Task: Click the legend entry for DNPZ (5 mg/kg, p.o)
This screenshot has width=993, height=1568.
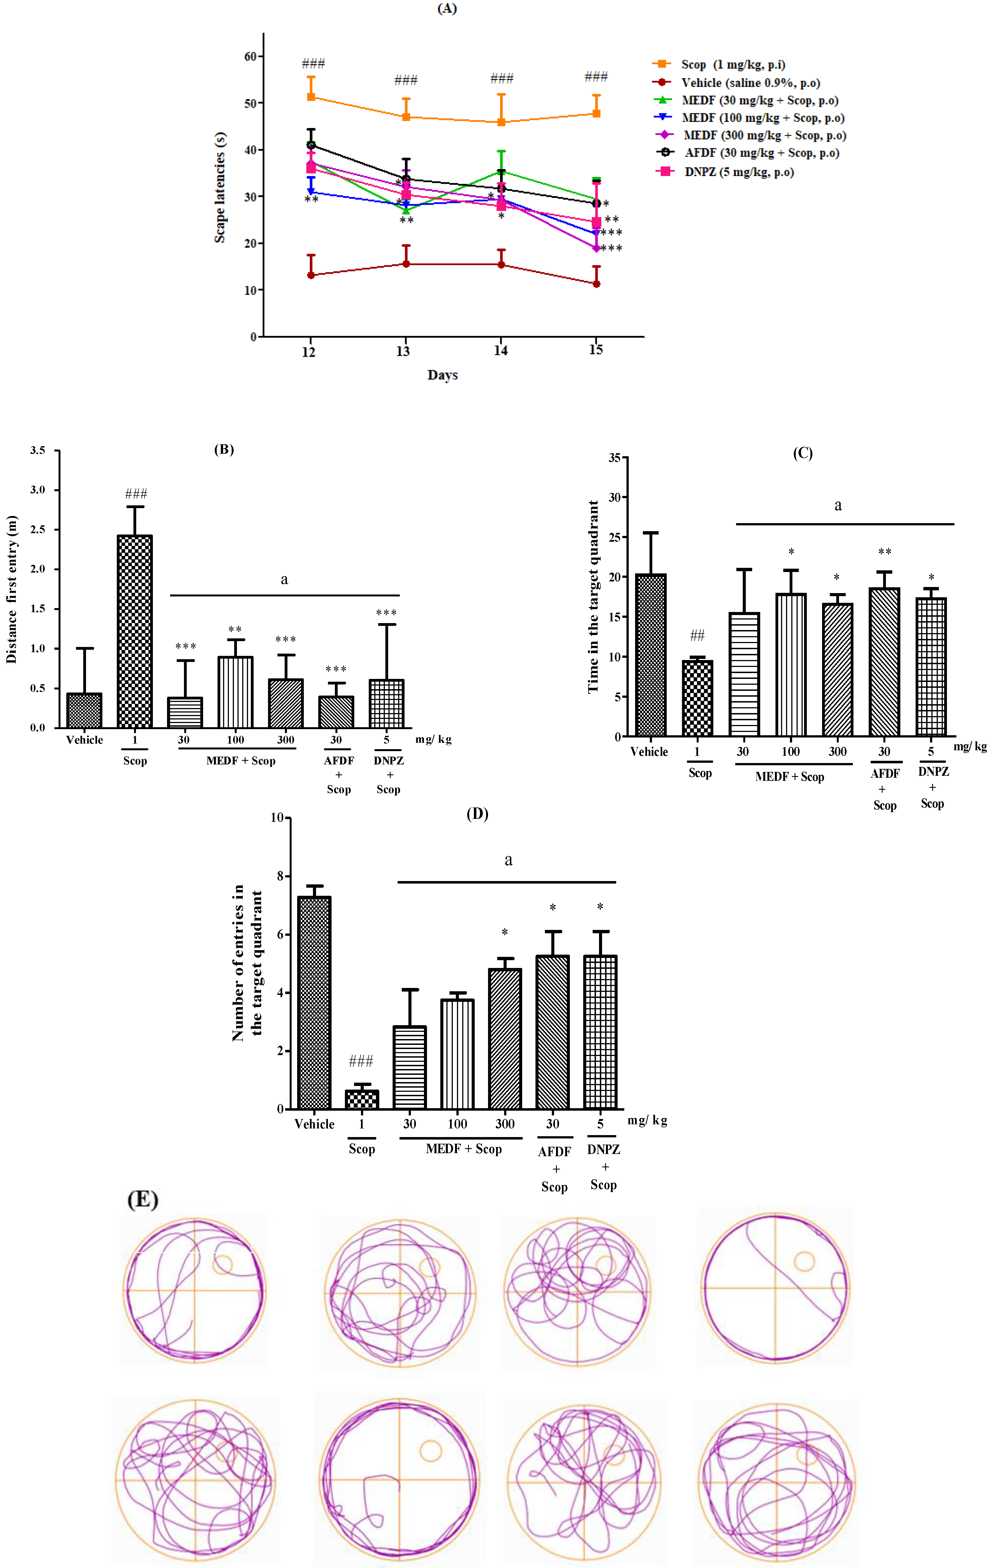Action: (739, 172)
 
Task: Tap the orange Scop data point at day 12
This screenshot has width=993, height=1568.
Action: (311, 97)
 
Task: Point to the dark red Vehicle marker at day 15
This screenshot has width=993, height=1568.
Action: (596, 284)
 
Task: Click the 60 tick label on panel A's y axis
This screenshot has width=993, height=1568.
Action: (250, 57)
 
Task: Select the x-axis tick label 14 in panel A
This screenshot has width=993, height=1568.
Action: (501, 351)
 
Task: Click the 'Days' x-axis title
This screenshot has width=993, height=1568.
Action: (443, 375)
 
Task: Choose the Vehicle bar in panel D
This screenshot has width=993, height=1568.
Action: (314, 1003)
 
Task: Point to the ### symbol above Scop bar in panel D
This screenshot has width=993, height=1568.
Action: (361, 1062)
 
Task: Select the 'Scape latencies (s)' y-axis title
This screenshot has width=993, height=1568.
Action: (220, 187)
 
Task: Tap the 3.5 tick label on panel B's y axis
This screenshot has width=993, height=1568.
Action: (38, 451)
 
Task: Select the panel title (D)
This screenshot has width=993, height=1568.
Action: (477, 814)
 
